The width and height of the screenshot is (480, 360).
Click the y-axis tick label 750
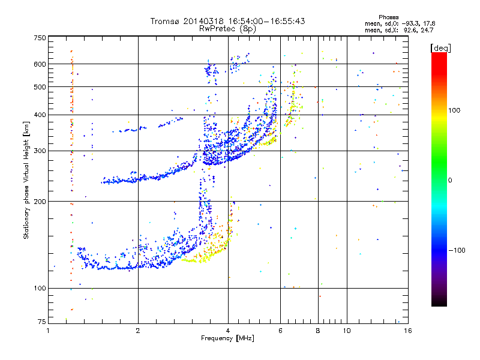coord(40,37)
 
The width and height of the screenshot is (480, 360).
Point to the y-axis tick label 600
coord(40,64)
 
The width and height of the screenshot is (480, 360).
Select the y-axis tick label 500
coord(40,87)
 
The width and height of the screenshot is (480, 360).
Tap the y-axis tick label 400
coord(40,115)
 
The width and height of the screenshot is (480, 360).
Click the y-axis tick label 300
coord(40,151)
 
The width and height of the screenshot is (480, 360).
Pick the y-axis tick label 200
coord(40,202)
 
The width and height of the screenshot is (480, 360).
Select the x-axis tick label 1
coord(48,331)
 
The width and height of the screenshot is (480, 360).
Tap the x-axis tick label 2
coord(138,331)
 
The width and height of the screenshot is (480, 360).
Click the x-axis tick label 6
coord(280,331)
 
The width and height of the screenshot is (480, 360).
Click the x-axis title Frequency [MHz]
coord(227,338)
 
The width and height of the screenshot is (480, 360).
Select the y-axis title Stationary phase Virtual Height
coord(26,180)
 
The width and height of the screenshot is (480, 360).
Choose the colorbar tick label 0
coord(454,180)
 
